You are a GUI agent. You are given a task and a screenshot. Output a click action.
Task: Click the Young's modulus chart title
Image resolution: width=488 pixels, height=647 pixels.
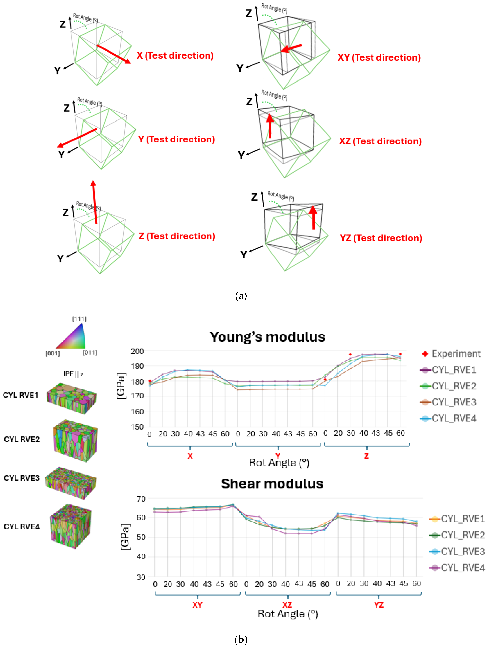click(267, 337)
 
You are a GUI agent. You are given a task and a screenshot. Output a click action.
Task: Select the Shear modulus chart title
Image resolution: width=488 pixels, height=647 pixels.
click(272, 484)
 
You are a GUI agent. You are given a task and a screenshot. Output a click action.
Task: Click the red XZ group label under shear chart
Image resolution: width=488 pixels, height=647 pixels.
click(287, 605)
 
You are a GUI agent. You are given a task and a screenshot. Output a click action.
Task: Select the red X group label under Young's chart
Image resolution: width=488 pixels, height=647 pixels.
click(190, 456)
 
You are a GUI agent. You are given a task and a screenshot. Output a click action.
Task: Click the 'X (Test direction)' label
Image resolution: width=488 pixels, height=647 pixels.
click(175, 56)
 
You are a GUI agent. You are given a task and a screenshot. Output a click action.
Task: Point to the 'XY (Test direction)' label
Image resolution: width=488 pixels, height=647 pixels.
click(379, 57)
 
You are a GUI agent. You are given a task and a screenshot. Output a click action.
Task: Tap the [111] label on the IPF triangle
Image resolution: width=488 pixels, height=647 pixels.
click(79, 319)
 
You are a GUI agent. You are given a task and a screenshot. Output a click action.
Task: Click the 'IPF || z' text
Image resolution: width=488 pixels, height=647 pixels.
click(73, 374)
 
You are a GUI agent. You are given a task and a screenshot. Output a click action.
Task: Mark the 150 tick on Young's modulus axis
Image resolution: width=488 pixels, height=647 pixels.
click(137, 427)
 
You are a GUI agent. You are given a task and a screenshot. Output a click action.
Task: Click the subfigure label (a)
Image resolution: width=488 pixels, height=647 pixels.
click(241, 296)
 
